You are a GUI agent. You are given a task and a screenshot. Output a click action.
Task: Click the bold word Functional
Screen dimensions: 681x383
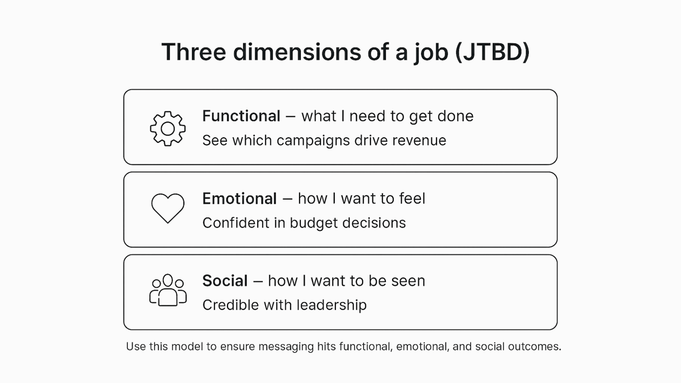click(x=241, y=116)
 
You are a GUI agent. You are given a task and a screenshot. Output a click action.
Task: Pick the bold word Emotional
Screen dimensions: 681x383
click(x=239, y=199)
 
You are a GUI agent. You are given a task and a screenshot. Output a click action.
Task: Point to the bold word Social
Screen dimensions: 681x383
click(x=225, y=280)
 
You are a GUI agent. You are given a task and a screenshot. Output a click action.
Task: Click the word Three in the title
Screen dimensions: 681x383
click(x=194, y=52)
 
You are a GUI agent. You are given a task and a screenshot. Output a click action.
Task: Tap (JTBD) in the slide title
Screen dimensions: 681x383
click(x=493, y=53)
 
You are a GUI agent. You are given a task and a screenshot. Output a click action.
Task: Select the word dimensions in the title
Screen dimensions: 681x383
click(x=297, y=52)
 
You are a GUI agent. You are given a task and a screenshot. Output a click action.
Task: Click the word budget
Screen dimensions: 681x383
click(x=314, y=224)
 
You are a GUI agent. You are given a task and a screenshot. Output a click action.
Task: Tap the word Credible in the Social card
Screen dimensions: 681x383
click(x=230, y=305)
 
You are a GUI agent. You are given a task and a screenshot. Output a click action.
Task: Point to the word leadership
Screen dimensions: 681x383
click(x=331, y=305)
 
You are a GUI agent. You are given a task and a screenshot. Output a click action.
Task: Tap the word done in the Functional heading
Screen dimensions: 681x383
click(x=455, y=116)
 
